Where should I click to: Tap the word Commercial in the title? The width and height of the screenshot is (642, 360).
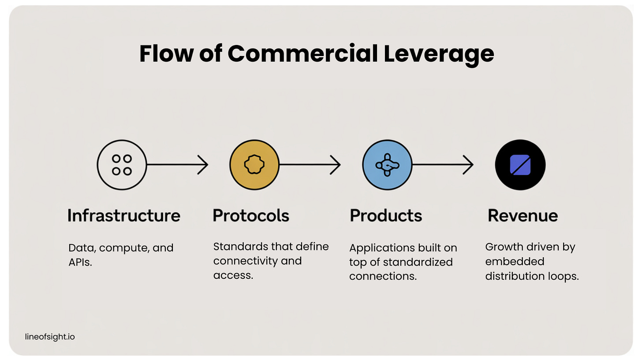tap(302, 54)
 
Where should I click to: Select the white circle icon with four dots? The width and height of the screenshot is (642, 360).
tap(122, 165)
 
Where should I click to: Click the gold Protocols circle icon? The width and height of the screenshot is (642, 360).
tap(254, 165)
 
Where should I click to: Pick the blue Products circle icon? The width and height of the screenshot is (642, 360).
tap(387, 165)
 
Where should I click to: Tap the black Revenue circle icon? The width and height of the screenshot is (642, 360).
tap(520, 165)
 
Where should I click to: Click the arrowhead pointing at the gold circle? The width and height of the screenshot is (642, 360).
tap(203, 165)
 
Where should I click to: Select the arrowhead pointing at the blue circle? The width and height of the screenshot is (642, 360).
tap(336, 165)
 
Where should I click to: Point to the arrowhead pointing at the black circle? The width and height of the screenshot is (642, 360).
tap(469, 165)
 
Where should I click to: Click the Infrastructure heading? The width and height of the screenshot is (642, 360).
tap(124, 216)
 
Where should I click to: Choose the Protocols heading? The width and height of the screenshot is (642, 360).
tap(251, 216)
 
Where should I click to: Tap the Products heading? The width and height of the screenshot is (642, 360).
tap(386, 216)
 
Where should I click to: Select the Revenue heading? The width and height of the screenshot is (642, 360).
tap(523, 216)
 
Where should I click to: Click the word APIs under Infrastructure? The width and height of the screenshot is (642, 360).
tap(80, 263)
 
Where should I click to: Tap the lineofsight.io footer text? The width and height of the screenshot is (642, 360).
tap(50, 337)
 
